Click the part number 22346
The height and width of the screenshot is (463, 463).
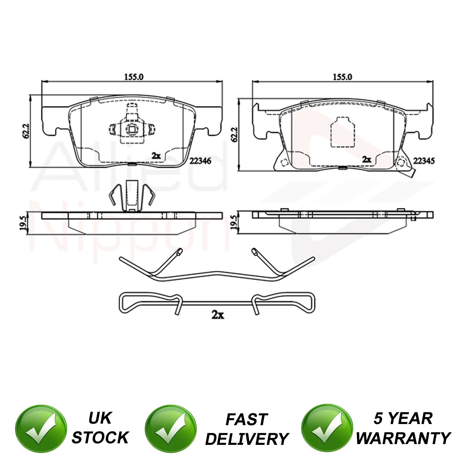pos(200,161)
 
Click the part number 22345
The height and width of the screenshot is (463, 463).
pos(424,161)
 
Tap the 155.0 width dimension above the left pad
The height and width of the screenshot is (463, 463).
pos(133,77)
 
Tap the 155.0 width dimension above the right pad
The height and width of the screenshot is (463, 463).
pos(342,77)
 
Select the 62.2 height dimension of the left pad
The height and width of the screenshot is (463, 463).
pos(26,131)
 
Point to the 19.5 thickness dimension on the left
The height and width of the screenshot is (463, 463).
pos(23,223)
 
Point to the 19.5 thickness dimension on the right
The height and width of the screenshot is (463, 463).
pos(233,223)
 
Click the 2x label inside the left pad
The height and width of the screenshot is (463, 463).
pos(156,156)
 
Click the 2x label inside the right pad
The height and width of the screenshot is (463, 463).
pos(367,159)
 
